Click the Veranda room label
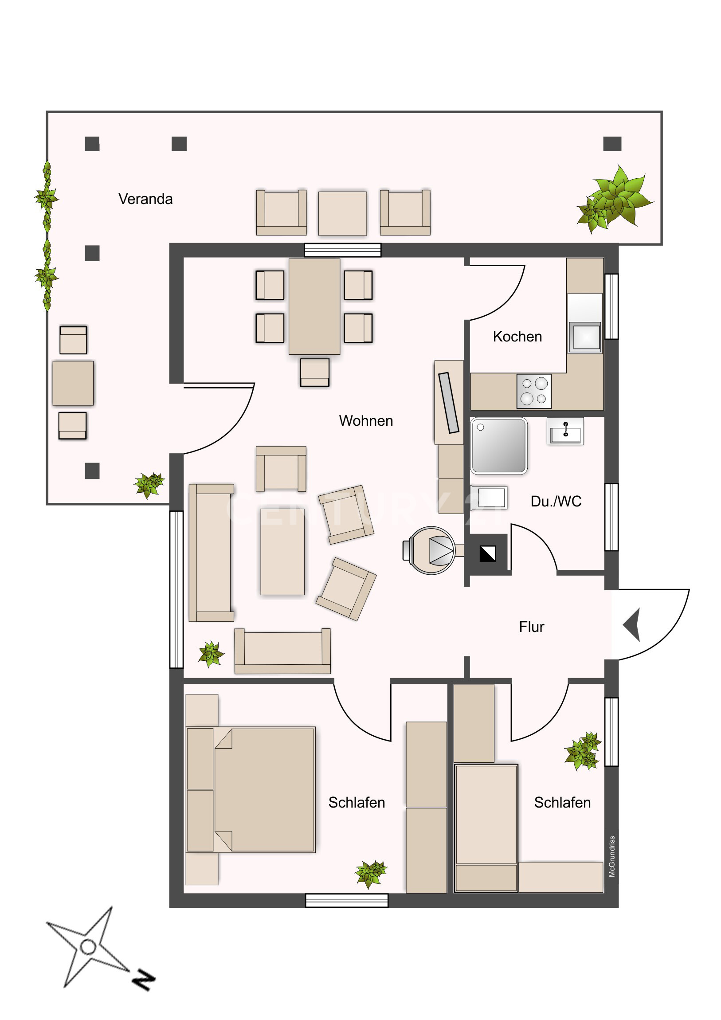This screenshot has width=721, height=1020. [x=145, y=199]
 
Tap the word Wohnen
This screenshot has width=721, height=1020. [x=366, y=421]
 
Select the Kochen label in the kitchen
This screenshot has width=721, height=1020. [x=517, y=336]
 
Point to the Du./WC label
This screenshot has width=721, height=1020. [x=556, y=501]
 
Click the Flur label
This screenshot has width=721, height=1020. [x=531, y=627]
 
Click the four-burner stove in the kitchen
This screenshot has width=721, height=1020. [x=534, y=391]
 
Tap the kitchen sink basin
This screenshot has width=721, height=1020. [x=586, y=337]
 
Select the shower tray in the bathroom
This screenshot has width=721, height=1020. [x=499, y=446]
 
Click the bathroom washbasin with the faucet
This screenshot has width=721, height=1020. [x=565, y=431]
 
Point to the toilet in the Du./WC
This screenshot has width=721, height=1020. [x=489, y=497]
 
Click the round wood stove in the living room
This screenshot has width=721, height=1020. [x=430, y=550]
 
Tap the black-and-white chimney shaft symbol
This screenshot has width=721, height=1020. [x=487, y=553]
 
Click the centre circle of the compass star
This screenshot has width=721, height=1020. [x=88, y=947]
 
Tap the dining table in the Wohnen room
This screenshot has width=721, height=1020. [x=314, y=306]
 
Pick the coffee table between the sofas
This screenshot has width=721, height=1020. [x=282, y=552]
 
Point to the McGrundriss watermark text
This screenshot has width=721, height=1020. [x=612, y=856]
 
